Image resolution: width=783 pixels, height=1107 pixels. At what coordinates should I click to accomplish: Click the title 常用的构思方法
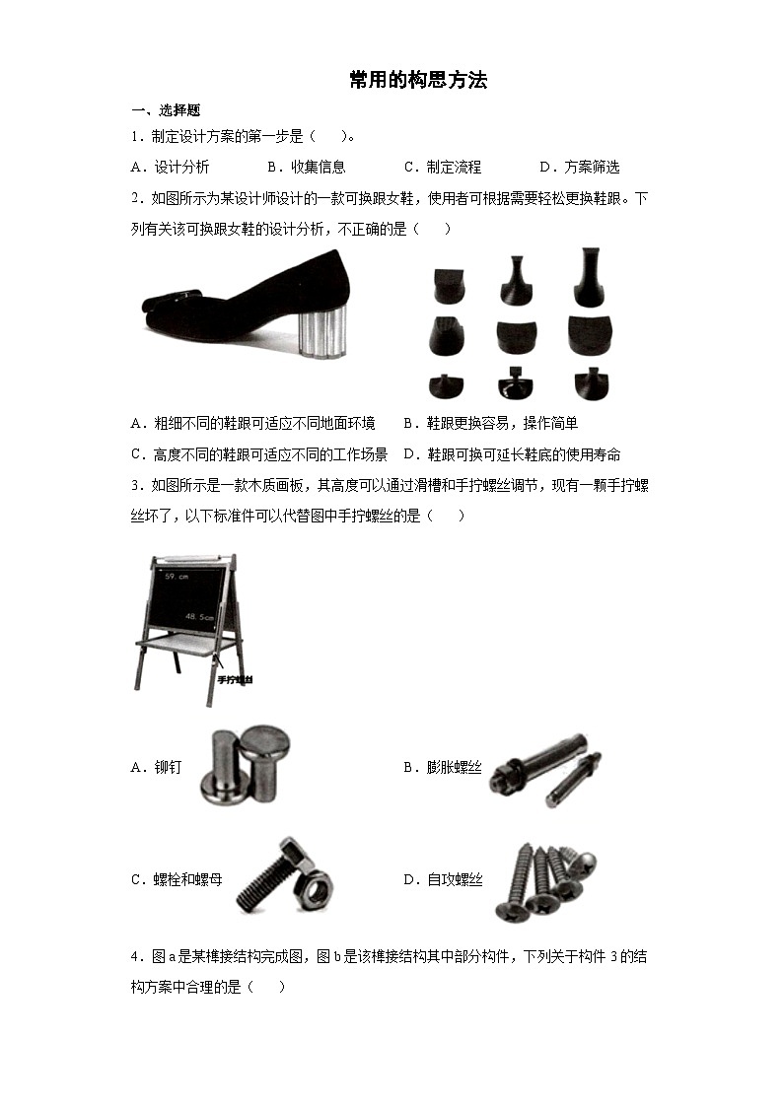418,81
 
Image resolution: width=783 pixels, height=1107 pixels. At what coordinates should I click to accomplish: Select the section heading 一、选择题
166,110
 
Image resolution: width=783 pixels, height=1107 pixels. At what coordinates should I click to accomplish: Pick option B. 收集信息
306,167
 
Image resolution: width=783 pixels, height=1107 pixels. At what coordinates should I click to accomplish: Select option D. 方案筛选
579,167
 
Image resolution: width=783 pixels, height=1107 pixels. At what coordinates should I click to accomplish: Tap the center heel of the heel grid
517,336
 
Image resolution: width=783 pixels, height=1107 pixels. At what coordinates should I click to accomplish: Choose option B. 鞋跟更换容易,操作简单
490,423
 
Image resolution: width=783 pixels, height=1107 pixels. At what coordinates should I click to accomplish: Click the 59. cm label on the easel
177,575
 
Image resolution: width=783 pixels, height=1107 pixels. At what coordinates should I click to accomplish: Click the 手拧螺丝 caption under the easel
235,680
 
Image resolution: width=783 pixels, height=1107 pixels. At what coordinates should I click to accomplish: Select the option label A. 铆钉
156,767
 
